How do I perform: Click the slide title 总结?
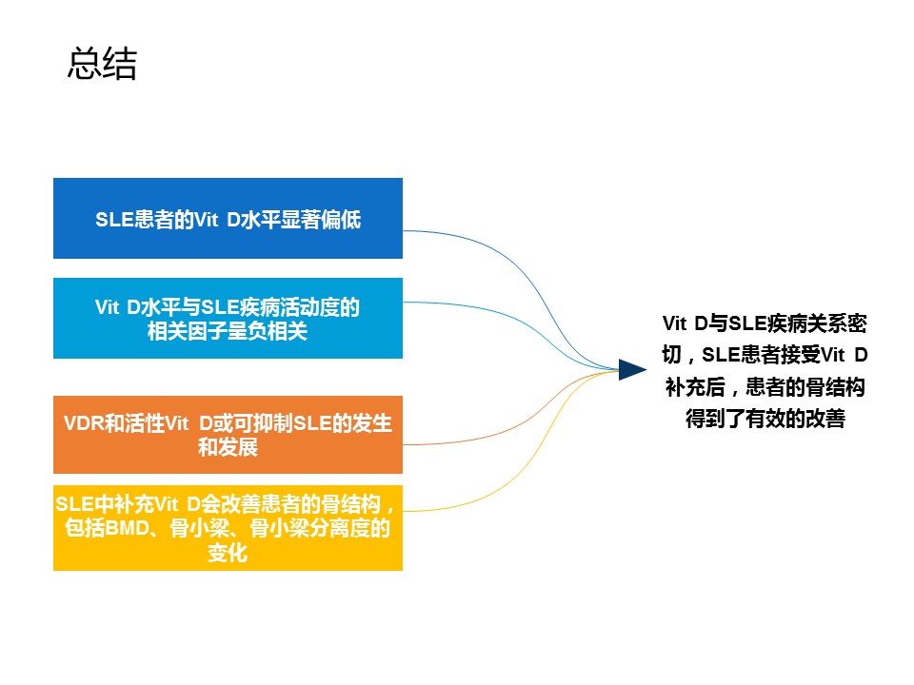click(x=102, y=63)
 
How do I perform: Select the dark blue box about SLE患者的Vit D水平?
click(x=228, y=219)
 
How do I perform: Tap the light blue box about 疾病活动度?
click(x=228, y=318)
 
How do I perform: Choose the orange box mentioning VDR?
click(x=228, y=435)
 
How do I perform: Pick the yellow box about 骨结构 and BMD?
click(x=228, y=528)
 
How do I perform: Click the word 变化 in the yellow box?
click(x=228, y=552)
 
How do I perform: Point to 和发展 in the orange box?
click(x=228, y=447)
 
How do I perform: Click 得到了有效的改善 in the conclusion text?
click(x=765, y=419)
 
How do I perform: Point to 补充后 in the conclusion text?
click(x=695, y=387)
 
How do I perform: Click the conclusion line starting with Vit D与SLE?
click(x=765, y=323)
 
